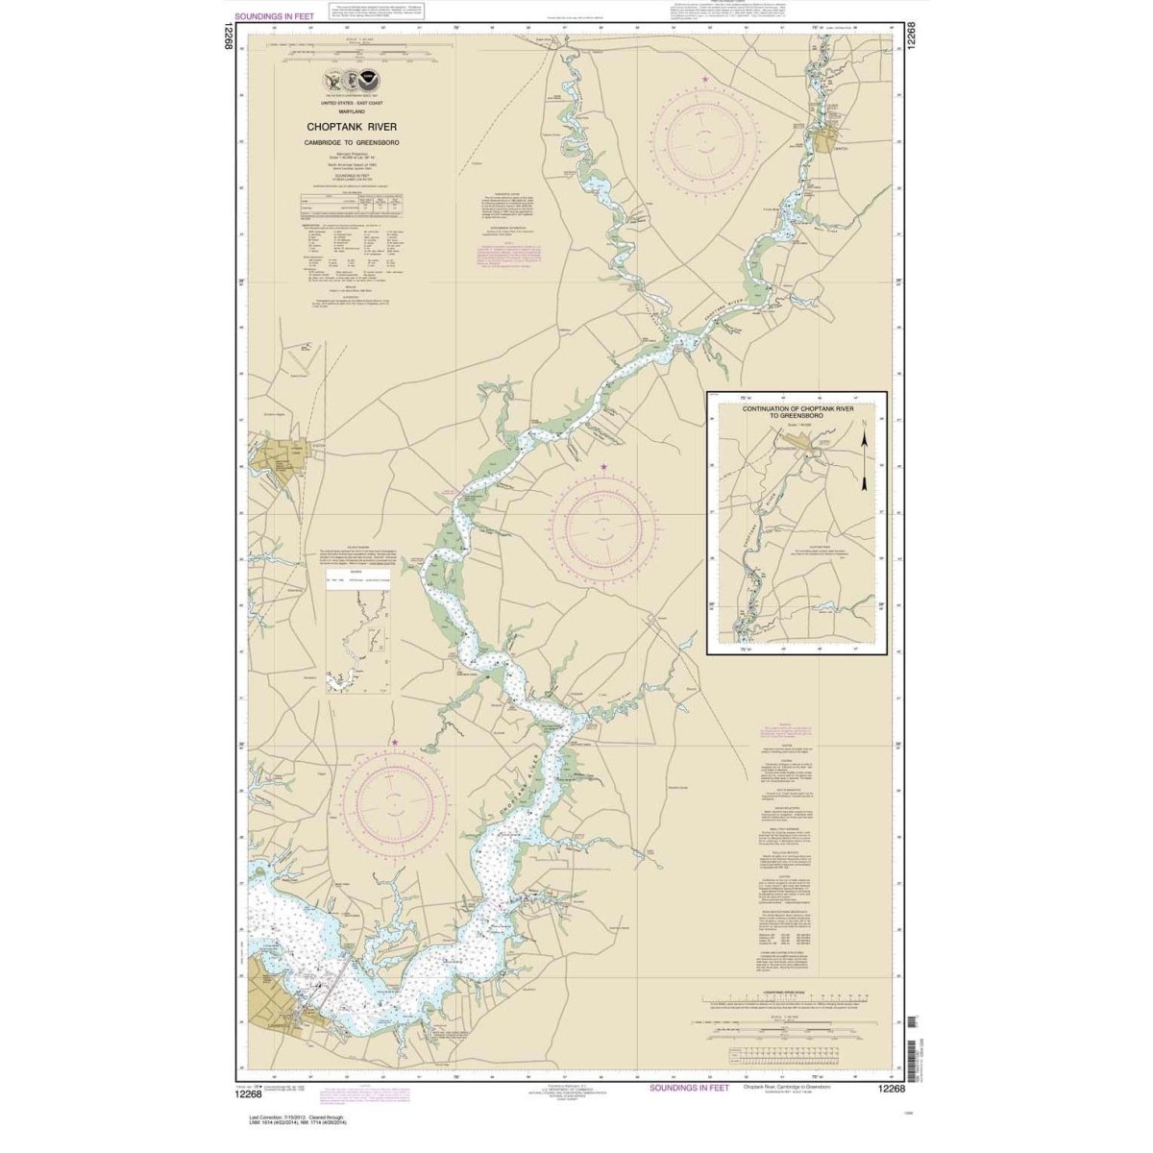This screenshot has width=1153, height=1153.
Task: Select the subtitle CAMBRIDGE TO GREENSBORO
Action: click(x=352, y=142)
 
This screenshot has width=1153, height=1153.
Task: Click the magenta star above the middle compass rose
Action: click(x=603, y=468)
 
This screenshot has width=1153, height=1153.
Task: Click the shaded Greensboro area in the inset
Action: click(x=803, y=446)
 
